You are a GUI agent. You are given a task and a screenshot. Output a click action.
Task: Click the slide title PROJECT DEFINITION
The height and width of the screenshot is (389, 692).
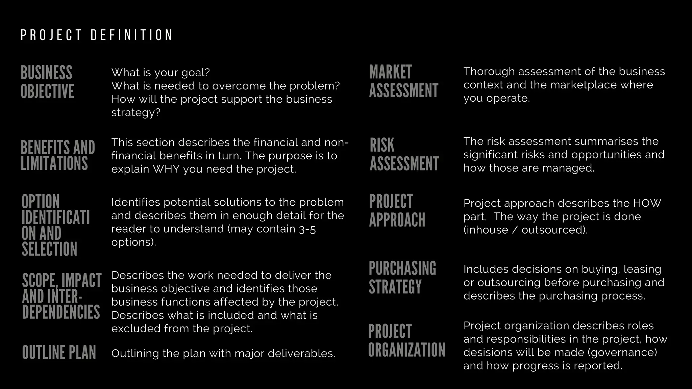(x=97, y=35)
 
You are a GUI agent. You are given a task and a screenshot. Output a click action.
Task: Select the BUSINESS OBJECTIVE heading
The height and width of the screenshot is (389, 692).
(x=47, y=82)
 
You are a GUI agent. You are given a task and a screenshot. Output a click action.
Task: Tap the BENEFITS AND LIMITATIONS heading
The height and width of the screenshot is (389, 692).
(x=58, y=155)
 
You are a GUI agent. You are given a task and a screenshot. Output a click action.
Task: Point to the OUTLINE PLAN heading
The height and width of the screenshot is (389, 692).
(x=59, y=353)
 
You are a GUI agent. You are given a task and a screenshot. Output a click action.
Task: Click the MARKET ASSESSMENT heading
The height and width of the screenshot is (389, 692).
(x=403, y=81)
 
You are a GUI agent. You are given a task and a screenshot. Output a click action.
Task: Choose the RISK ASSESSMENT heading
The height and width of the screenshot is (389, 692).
(x=404, y=154)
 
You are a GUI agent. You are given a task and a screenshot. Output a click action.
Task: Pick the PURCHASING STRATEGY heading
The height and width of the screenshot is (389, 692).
(x=402, y=278)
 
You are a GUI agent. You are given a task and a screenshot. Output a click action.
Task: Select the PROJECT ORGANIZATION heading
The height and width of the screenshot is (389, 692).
(x=406, y=340)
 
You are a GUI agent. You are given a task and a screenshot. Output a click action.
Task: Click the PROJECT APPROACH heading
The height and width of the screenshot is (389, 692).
(x=397, y=210)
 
